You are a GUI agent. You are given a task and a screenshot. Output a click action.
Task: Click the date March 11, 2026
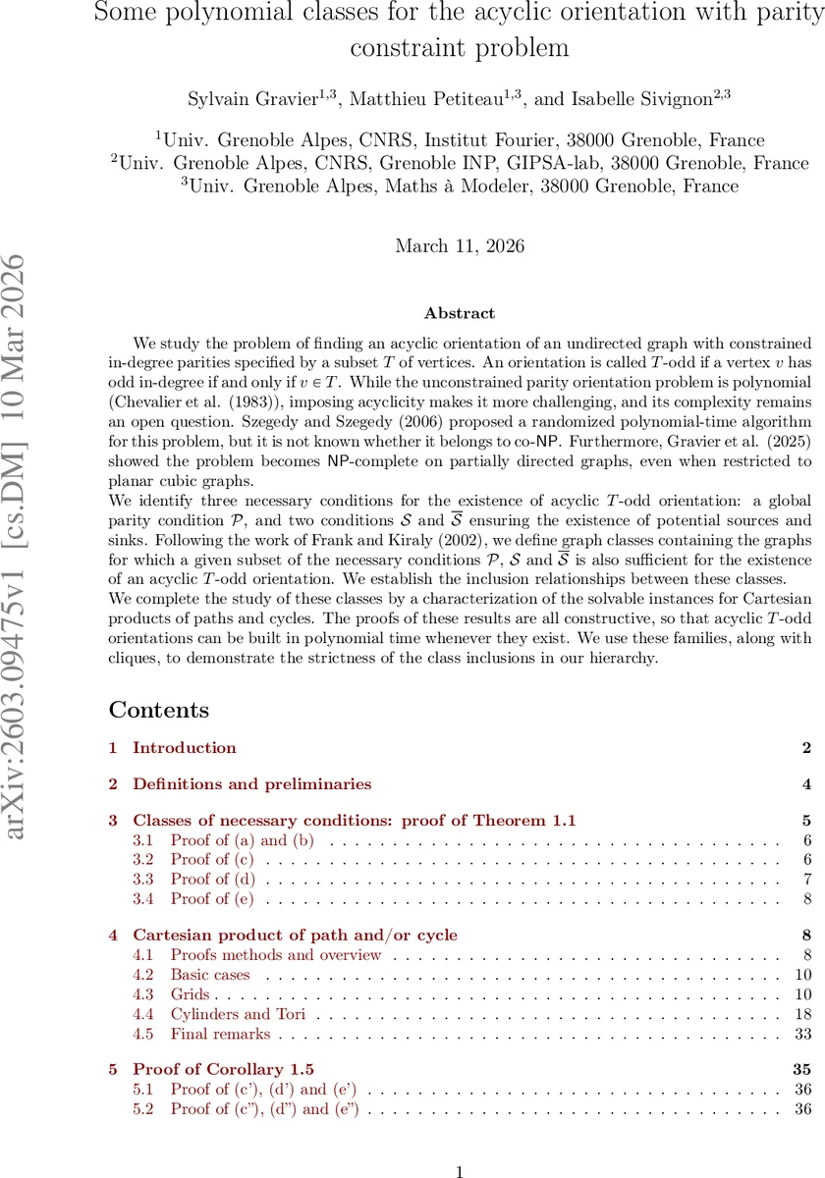point(460,246)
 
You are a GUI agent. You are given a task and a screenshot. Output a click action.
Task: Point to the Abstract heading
point(460,313)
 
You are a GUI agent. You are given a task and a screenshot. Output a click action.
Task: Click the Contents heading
point(159,711)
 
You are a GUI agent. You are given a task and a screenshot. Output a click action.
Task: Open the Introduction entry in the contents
point(185,748)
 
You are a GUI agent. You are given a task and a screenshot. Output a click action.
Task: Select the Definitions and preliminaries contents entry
point(252,784)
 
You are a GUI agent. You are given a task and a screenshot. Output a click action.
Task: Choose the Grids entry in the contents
point(190,995)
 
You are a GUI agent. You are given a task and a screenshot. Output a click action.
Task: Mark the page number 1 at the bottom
point(460,1145)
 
